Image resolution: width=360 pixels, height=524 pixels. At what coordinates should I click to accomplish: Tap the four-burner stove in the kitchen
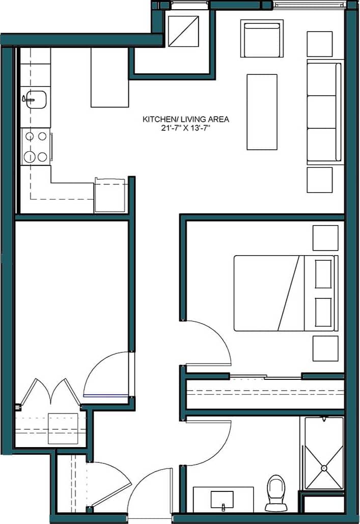point(36,146)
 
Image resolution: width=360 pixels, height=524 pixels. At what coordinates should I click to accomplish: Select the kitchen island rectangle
point(109,77)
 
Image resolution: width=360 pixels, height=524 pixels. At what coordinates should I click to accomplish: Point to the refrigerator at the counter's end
point(109,195)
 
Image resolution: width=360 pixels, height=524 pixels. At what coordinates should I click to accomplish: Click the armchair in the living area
point(262,39)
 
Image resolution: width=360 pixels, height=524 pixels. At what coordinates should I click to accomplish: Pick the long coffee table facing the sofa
point(262,112)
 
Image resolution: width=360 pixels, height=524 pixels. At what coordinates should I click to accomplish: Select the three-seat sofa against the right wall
point(324,112)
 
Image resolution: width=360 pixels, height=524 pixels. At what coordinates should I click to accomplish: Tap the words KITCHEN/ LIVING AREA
point(185,119)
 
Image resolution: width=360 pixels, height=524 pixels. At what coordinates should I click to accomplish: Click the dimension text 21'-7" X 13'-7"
point(185,128)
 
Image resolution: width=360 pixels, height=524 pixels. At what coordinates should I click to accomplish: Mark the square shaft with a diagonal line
point(183,32)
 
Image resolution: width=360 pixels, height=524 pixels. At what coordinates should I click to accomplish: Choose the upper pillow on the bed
point(323,274)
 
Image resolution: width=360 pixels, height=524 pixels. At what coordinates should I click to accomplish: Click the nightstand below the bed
point(325,348)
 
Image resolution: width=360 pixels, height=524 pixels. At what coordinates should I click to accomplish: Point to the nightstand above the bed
point(325,238)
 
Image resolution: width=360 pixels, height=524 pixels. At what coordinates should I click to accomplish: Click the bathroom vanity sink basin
point(222,499)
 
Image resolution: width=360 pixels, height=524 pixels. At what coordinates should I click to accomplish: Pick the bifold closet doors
point(50,392)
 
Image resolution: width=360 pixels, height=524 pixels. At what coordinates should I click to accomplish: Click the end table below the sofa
point(320,180)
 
